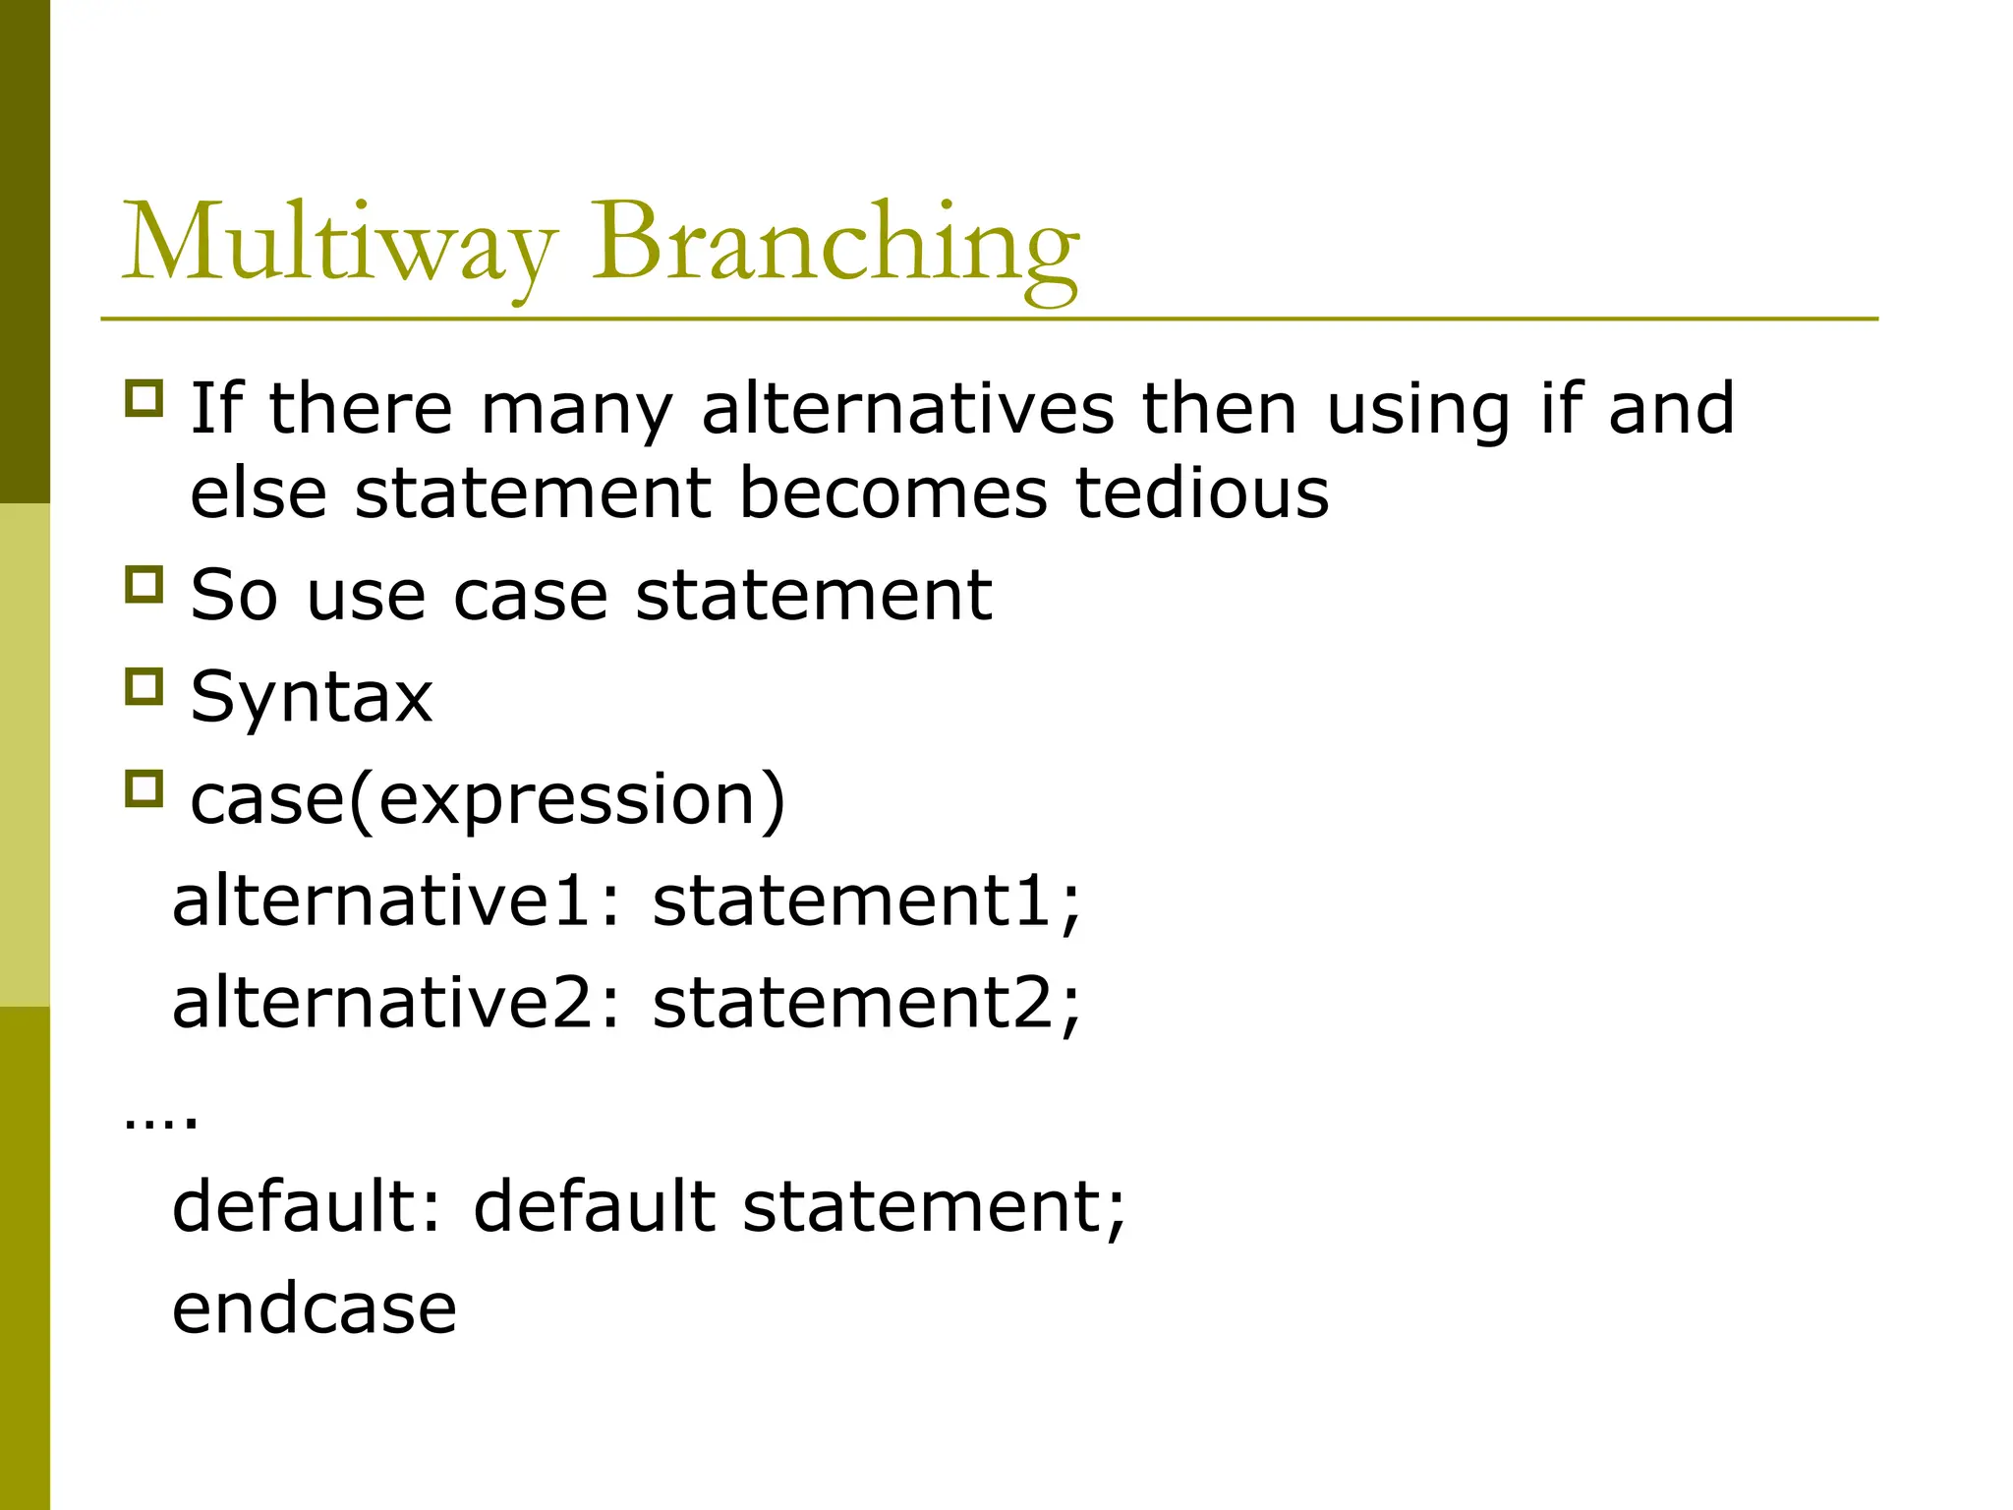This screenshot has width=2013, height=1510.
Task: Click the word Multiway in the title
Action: pyautogui.click(x=339, y=243)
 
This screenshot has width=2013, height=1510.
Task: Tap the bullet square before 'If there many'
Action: pyautogui.click(x=144, y=398)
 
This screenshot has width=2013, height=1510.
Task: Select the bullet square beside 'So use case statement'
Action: pyautogui.click(x=144, y=584)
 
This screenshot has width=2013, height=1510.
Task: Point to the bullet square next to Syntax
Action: pyautogui.click(x=144, y=686)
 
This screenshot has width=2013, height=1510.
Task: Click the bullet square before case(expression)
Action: pyautogui.click(x=144, y=788)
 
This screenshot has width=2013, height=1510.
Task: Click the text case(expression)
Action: pyautogui.click(x=488, y=799)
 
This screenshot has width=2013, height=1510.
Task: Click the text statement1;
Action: pyautogui.click(x=866, y=900)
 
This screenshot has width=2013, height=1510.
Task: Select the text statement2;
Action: pyautogui.click(x=866, y=1003)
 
